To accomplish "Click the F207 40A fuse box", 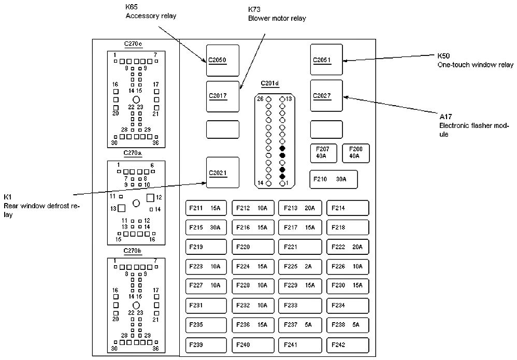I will coord(324,153).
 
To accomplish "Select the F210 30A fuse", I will coord(334,179).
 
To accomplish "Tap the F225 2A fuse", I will coord(300,267).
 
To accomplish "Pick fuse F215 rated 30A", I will coord(206,227).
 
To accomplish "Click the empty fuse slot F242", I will coord(348,345).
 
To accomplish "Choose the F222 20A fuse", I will coord(348,247).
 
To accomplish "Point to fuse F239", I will coord(206,345).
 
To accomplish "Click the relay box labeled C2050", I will coord(223,61).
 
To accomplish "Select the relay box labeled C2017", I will coord(223,96).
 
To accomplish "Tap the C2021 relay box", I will coord(223,172).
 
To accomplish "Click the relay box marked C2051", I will coord(327,60).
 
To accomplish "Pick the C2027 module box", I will coord(327,96).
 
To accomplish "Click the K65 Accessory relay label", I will coord(151,12).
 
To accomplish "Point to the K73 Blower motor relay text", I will coord(277,14).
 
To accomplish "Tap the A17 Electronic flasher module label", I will coord(474,126).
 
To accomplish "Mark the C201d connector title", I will coord(269,83).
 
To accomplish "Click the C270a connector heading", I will coord(133,153).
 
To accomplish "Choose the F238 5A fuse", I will coord(348,325).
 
